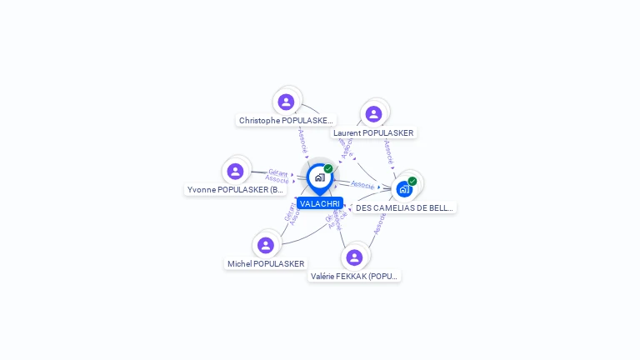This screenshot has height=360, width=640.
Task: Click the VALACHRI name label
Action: tap(320, 203)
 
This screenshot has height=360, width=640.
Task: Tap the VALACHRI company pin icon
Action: tap(319, 177)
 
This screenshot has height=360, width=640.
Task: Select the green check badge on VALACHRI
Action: tap(328, 169)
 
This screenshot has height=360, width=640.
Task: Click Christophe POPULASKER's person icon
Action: tap(287, 102)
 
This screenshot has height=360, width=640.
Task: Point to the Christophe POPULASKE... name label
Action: tap(287, 121)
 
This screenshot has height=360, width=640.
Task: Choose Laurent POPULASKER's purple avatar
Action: tap(373, 114)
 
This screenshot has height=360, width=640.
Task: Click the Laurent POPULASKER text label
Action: tap(373, 133)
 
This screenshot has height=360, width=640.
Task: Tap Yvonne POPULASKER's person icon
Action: tap(235, 171)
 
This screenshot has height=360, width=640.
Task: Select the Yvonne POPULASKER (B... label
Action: tap(236, 190)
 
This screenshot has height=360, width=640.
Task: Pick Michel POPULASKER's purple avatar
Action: tap(266, 245)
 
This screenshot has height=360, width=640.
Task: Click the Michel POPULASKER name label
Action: tap(266, 264)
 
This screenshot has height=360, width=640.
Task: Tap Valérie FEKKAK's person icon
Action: tap(354, 257)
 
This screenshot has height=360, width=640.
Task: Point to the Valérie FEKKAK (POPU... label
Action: tap(355, 276)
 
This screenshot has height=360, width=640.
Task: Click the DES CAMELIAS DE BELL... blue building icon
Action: tap(404, 189)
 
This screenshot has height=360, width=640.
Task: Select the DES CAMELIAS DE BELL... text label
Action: tap(405, 208)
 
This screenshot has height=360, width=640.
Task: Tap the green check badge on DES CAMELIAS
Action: tap(412, 181)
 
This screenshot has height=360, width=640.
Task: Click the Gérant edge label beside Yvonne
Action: tap(278, 172)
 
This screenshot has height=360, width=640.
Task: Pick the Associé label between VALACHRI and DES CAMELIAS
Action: tap(362, 184)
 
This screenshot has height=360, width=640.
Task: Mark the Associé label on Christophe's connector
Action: tap(303, 141)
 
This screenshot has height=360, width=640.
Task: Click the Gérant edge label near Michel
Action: tap(288, 213)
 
